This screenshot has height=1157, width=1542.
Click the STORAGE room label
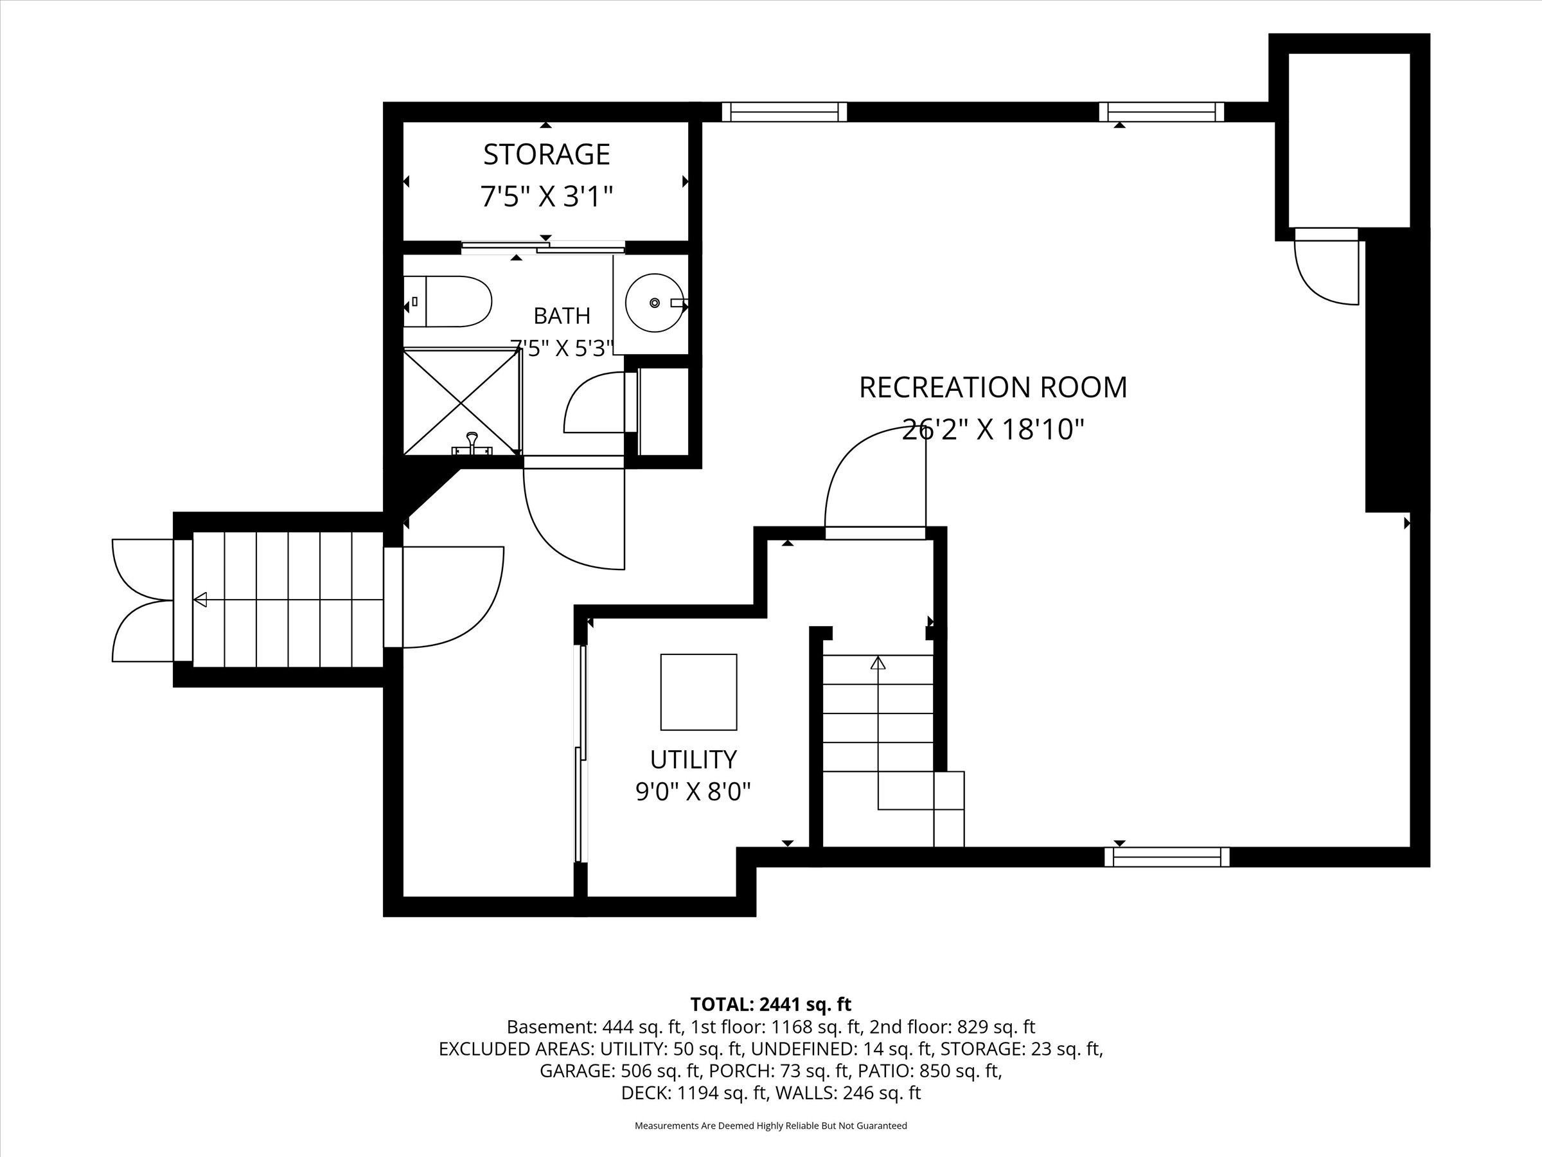tap(547, 154)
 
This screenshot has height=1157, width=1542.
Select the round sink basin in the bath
tap(654, 303)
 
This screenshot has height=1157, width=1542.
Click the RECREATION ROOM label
tap(993, 388)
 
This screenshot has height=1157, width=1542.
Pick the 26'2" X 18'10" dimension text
tap(993, 429)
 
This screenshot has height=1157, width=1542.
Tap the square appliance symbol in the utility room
tap(698, 692)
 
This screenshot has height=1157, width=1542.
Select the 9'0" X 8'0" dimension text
tap(693, 791)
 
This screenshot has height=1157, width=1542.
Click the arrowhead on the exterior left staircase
tap(200, 599)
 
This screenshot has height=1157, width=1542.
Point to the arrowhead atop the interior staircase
tap(878, 663)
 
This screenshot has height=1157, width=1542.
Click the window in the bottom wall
tap(1167, 856)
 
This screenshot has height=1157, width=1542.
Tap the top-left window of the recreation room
tap(784, 112)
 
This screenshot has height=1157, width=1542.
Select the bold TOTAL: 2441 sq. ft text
tap(771, 1004)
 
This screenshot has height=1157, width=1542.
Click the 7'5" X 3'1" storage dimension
tap(547, 197)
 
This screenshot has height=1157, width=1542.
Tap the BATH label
tap(562, 316)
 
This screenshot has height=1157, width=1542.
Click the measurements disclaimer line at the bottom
tap(771, 1125)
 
